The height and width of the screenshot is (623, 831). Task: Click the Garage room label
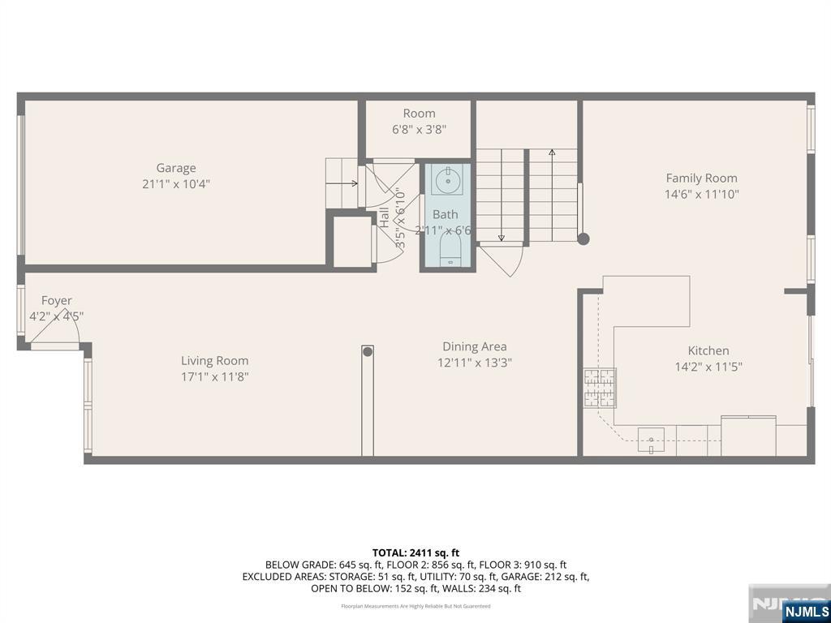click(176, 168)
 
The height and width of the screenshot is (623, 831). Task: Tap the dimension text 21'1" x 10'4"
click(176, 184)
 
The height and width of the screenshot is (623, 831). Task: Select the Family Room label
click(701, 178)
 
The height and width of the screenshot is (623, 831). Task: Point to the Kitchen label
click(708, 350)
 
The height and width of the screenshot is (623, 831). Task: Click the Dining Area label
click(475, 346)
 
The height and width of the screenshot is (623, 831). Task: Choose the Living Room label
click(214, 361)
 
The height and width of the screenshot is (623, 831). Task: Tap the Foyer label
click(57, 301)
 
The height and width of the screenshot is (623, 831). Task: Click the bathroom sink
click(446, 181)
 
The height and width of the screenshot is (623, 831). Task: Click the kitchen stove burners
click(599, 387)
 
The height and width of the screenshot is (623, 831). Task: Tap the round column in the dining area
click(368, 352)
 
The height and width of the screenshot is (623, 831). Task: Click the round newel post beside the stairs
click(583, 238)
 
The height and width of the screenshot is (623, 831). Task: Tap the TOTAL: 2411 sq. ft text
click(415, 552)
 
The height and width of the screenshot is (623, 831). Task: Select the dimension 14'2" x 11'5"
click(708, 367)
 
